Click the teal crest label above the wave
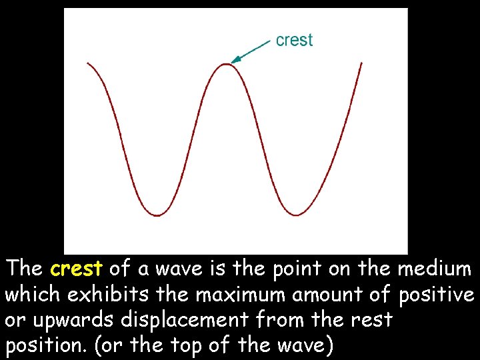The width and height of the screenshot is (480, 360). point(294,40)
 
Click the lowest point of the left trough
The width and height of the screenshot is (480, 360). point(157,215)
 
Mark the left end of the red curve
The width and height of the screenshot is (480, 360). point(87,63)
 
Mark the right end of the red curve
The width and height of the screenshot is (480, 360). point(361,63)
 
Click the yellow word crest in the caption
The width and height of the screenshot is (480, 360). point(76,269)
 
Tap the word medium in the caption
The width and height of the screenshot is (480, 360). point(435,269)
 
